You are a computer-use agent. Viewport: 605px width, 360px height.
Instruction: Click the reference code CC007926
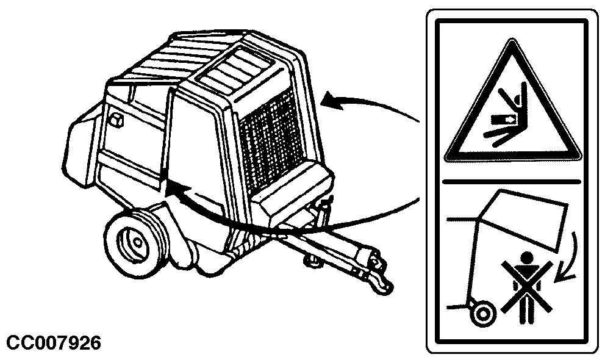coord(54,343)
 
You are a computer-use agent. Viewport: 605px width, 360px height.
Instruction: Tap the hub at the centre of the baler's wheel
coord(137,242)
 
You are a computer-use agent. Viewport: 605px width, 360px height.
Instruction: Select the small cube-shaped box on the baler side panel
coord(116,120)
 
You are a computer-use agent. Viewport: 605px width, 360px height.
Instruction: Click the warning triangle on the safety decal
coord(513,102)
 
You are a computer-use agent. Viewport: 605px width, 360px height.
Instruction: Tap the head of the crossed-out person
coord(527,257)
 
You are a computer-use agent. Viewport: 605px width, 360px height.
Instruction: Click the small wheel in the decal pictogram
coord(482,313)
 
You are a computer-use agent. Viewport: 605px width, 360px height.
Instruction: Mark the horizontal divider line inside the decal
coord(512,180)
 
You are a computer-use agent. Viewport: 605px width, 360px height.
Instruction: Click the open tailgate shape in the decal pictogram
coord(523,218)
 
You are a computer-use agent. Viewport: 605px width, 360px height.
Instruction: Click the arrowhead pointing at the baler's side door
coord(176,191)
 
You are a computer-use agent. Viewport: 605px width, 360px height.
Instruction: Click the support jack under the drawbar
coord(313,260)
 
